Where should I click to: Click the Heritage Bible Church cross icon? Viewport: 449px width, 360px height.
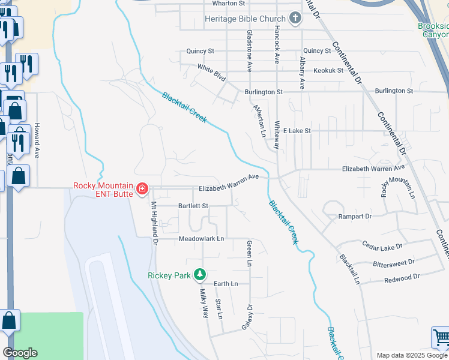(295, 19)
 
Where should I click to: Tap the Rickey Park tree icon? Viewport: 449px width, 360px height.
(200, 275)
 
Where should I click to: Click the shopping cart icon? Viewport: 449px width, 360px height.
(441, 337)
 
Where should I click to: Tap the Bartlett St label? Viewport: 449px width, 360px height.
(193, 206)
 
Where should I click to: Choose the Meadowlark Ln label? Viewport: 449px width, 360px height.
(201, 239)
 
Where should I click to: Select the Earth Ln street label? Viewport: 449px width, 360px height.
(226, 283)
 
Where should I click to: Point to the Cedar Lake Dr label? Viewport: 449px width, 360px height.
(382, 245)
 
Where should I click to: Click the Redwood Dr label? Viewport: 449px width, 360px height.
(402, 278)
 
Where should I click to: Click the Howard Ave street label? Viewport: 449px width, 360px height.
(37, 140)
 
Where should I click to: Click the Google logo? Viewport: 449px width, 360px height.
(20, 353)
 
